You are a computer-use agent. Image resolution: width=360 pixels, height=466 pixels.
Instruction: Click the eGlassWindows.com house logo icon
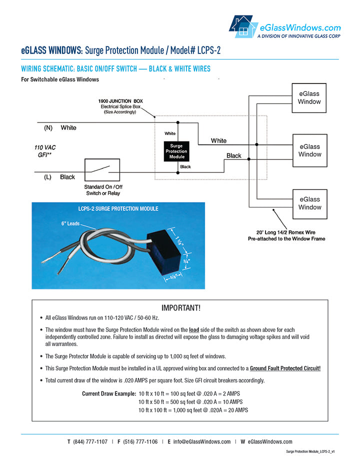tap(242, 26)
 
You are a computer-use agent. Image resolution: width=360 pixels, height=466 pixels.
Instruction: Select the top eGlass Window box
tap(309, 97)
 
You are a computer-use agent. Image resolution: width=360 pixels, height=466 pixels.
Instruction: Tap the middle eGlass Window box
tap(309, 150)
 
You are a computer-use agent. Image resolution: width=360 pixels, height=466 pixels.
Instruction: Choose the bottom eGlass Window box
tap(309, 203)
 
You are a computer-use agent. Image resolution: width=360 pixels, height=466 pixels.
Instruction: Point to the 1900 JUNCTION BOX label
tap(120, 101)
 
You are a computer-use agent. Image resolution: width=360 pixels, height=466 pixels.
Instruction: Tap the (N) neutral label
tap(48, 128)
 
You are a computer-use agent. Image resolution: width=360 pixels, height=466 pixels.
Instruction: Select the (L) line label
tap(48, 177)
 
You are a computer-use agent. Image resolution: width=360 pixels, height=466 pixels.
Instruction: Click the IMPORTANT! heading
tap(180, 307)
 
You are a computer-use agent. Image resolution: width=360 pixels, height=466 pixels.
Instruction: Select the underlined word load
tap(194, 330)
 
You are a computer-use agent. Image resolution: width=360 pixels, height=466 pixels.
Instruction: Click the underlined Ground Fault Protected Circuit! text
tap(285, 368)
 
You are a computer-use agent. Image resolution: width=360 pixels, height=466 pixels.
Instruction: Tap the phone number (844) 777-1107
tap(90, 441)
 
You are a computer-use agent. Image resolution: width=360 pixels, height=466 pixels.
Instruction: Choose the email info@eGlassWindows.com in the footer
tap(202, 441)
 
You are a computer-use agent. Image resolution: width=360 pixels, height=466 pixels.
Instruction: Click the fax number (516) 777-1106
tap(140, 441)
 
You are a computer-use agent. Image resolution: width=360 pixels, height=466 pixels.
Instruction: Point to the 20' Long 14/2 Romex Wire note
tap(286, 235)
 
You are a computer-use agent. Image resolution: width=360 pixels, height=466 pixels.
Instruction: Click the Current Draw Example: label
tap(109, 394)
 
